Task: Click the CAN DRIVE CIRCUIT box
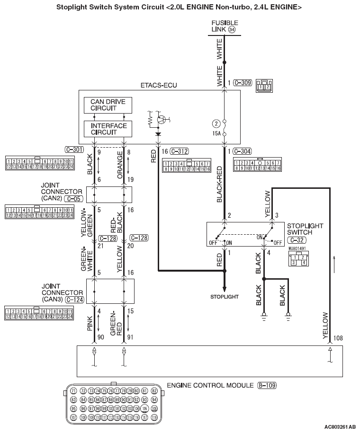[x=108, y=106]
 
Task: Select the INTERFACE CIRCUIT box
[x=108, y=129]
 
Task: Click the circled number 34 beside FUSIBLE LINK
[x=232, y=29]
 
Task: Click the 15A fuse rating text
[x=217, y=134]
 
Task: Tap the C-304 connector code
[x=242, y=151]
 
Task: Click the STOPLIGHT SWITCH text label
[x=305, y=229]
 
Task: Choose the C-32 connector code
[x=296, y=240]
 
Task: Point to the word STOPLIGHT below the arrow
[x=225, y=297]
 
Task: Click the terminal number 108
[x=337, y=338]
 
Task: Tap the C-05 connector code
[x=71, y=199]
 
